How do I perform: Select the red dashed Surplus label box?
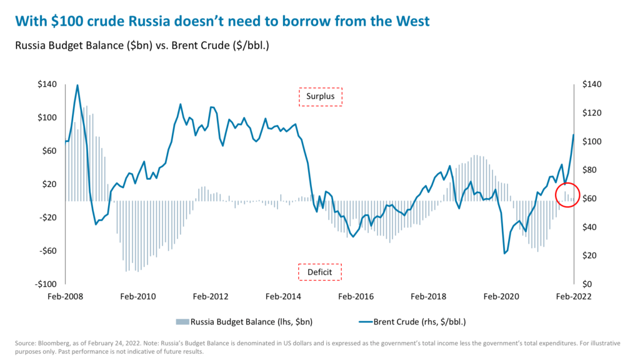[321, 97]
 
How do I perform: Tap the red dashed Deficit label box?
[319, 272]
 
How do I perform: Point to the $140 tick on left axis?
[47, 84]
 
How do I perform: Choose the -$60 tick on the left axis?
[47, 251]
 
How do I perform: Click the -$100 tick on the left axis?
[46, 284]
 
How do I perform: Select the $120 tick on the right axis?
[591, 113]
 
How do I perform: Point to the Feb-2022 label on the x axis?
[573, 297]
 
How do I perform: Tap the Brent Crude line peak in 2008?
[77, 85]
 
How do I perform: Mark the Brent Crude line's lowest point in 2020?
[504, 253]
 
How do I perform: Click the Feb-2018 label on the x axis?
[428, 297]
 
